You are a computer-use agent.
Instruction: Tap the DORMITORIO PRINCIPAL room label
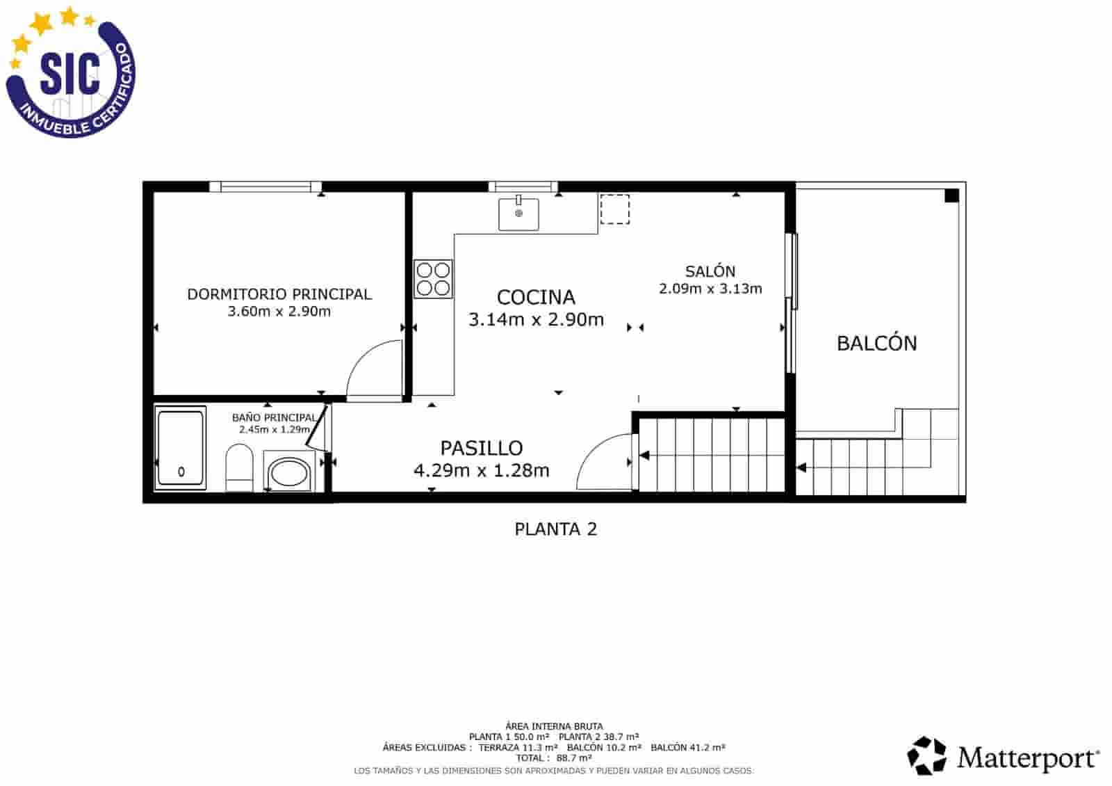(279, 294)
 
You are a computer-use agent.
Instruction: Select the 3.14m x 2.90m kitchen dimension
(536, 320)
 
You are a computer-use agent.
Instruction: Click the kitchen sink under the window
(518, 214)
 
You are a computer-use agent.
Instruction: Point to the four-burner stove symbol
(433, 279)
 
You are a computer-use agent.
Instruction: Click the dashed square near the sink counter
(614, 209)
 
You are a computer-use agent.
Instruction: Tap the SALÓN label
(710, 271)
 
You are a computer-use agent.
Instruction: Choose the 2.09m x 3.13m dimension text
(710, 289)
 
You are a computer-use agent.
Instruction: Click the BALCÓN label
(876, 344)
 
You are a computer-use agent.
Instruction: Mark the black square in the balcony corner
(951, 196)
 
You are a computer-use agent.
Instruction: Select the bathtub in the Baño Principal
(181, 447)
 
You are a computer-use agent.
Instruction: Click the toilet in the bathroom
(239, 468)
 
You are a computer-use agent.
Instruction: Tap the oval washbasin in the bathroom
(288, 473)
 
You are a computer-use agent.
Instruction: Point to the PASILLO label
(482, 448)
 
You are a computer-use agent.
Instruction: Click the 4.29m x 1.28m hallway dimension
(481, 471)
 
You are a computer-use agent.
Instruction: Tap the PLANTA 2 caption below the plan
(555, 529)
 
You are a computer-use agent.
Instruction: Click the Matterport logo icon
(927, 756)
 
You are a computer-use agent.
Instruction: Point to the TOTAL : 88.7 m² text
(554, 758)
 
